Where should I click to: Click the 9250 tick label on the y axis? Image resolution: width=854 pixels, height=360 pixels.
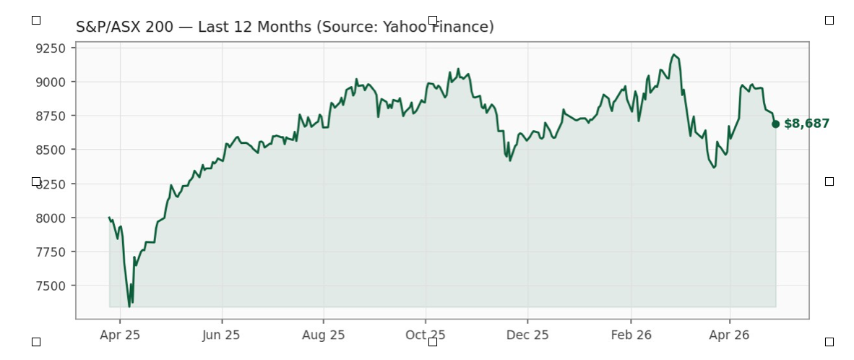click(51, 48)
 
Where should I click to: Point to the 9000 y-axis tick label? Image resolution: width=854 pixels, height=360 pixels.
click(51, 82)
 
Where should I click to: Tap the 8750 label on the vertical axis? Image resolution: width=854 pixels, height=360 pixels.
click(51, 116)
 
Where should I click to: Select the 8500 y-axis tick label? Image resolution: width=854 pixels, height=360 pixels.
click(51, 150)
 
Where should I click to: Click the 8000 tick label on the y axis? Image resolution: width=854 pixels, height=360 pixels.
click(51, 218)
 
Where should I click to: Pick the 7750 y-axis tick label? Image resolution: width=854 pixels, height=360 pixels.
click(51, 252)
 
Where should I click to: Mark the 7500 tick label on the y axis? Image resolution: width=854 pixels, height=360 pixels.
click(51, 286)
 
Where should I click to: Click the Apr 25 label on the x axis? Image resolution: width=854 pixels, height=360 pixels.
click(120, 335)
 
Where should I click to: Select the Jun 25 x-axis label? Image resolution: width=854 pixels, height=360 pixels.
click(221, 335)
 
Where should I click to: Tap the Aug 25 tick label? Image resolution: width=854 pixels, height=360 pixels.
click(324, 335)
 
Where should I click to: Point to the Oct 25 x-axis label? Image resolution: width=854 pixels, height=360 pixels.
click(426, 335)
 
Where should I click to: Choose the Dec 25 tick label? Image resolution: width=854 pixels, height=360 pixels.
click(527, 335)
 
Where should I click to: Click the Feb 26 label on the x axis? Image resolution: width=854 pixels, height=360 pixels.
click(631, 335)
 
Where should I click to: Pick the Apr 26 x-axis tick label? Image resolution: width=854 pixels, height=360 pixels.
click(729, 335)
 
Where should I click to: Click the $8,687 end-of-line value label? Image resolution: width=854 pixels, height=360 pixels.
click(806, 124)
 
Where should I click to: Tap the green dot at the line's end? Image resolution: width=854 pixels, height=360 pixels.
click(775, 124)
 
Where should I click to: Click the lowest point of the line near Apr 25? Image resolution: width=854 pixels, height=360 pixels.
click(129, 307)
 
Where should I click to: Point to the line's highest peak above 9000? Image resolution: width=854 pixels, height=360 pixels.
click(673, 54)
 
